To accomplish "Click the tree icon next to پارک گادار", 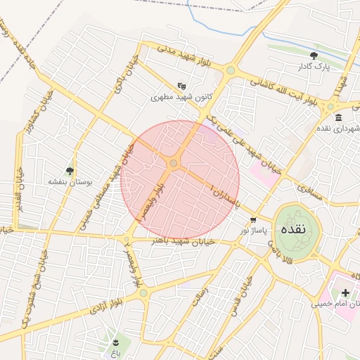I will tap(314, 56).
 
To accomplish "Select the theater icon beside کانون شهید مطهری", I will tap(181, 86).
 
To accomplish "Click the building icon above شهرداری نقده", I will tap(339, 117).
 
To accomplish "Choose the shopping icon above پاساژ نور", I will tap(253, 220).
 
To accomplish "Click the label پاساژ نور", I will tap(252, 231).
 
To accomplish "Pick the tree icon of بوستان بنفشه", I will tap(69, 170).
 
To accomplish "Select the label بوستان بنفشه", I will tap(67, 181).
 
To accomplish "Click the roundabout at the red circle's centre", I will tap(174, 164).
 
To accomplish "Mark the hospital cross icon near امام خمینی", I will tap(345, 292).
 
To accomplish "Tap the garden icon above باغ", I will tap(116, 342).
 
